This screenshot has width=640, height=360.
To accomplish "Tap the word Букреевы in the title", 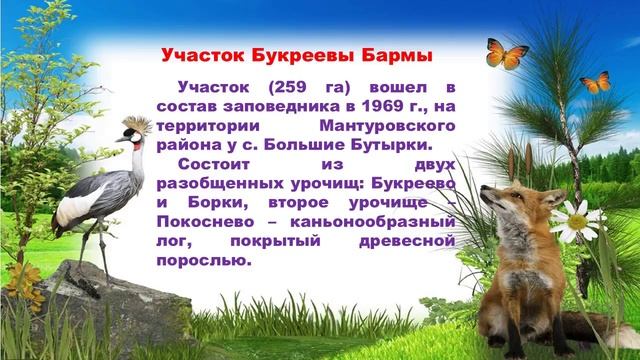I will coord(298,53).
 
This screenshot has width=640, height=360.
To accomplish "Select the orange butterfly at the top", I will coord(506,53).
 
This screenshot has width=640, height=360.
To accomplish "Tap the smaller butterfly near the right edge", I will coord(596,82).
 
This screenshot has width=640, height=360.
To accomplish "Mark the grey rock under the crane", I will coord(100,300).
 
